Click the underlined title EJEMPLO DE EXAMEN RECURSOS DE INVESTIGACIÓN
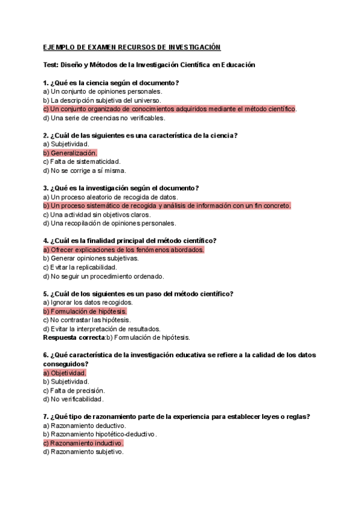pos(132,47)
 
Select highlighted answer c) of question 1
pos(170,109)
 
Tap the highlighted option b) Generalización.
pos(70,153)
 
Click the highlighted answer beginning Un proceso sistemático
pos(167,205)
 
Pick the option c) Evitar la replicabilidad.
pos(80,267)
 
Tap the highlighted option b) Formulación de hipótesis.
pos(85,312)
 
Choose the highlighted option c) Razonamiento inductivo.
pos(83,443)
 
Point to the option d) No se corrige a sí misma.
pos(85,170)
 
